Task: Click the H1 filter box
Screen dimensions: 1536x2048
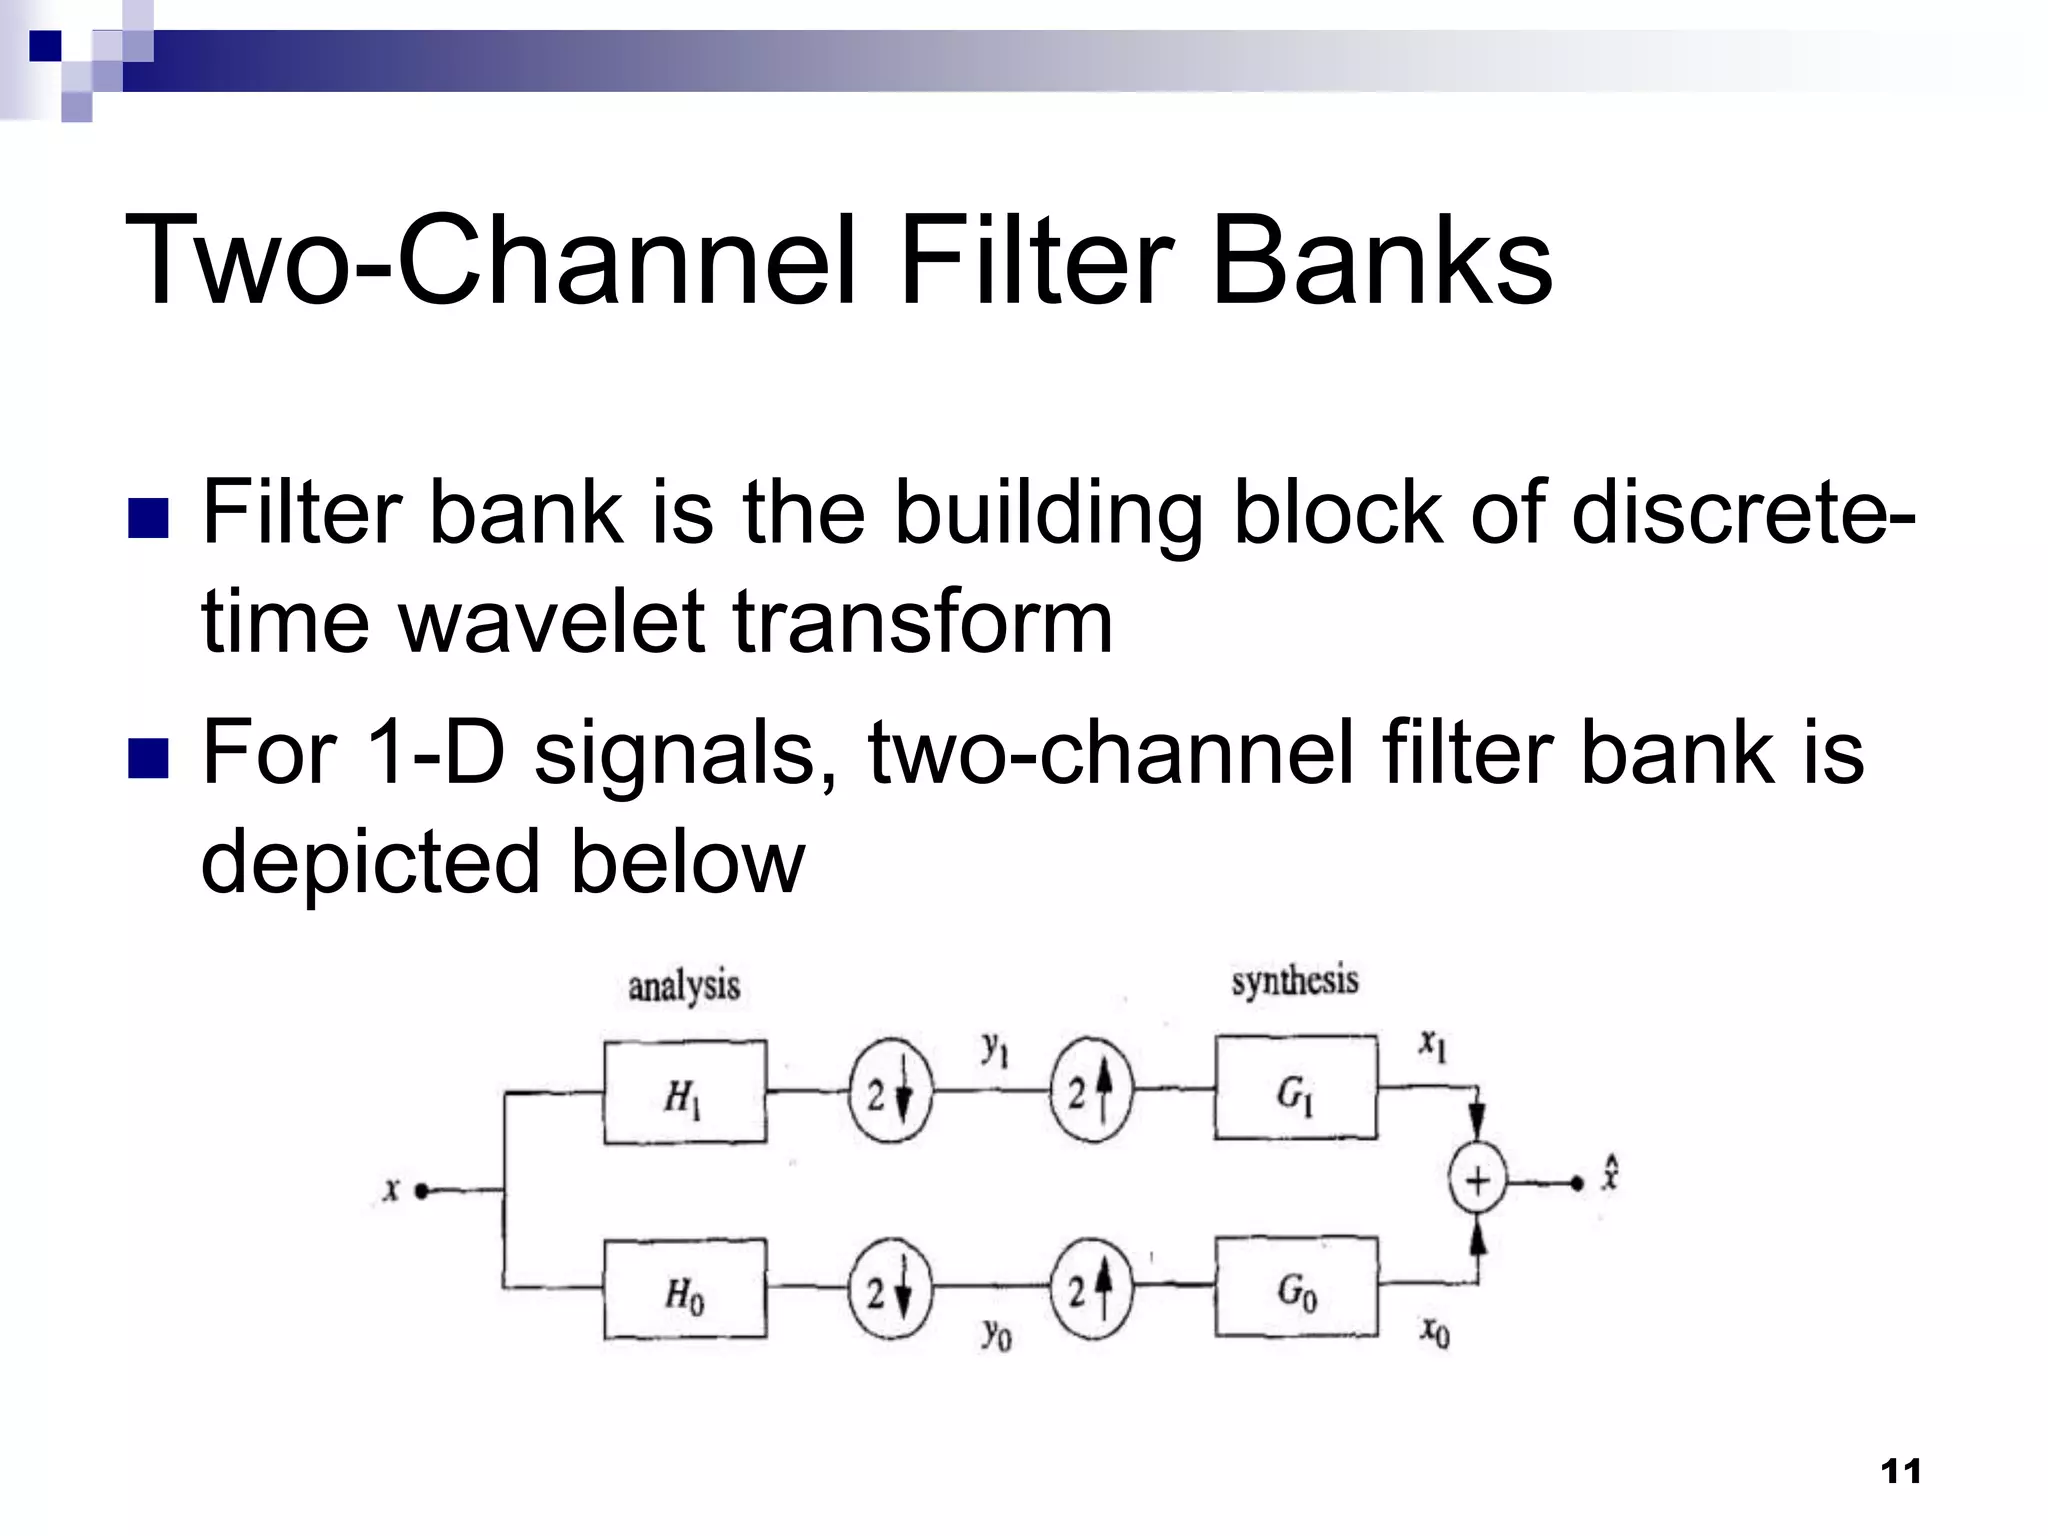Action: point(685,1093)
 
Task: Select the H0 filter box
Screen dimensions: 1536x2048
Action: point(685,1289)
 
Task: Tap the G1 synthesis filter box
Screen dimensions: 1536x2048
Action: point(1296,1088)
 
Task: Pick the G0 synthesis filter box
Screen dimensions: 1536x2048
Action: point(1296,1287)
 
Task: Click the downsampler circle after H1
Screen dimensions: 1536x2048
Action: point(889,1095)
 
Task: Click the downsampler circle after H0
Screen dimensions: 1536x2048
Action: point(889,1291)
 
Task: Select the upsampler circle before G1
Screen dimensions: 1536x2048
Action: point(1091,1091)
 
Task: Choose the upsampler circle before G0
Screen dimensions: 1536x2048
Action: point(1091,1289)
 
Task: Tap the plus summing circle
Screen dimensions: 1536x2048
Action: point(1477,1182)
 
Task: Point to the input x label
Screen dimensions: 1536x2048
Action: point(391,1191)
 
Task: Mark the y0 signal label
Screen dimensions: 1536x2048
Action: point(997,1333)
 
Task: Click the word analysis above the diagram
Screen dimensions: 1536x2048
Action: point(684,986)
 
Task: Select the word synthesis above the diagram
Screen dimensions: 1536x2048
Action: point(1294,981)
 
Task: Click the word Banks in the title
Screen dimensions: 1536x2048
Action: point(1381,262)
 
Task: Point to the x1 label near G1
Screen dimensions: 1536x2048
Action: point(1433,1047)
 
